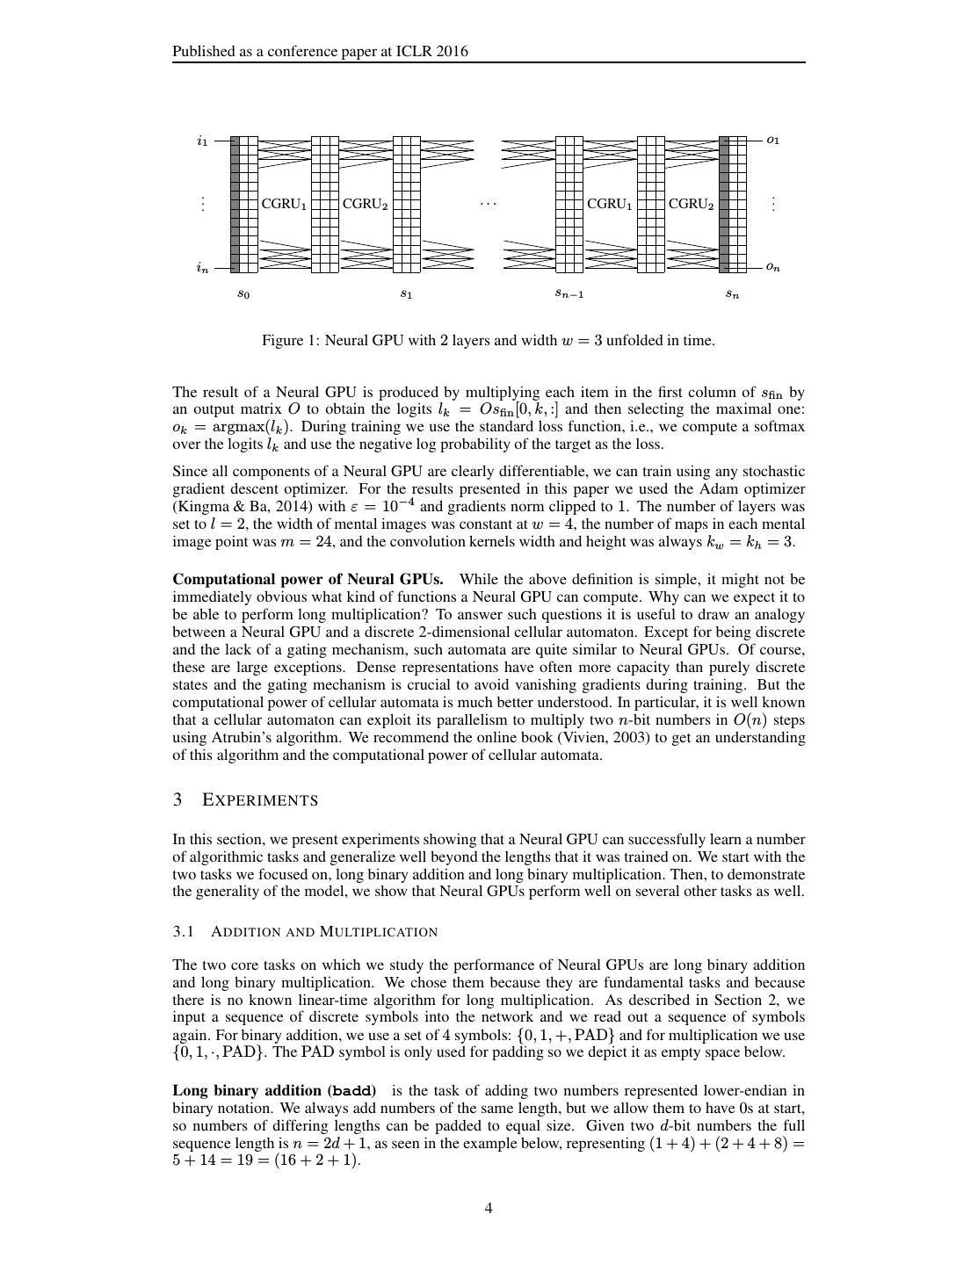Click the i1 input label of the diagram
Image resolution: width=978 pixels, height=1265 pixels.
tap(202, 141)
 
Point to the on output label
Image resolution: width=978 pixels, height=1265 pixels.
tap(772, 267)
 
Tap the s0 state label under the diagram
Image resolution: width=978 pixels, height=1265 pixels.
tap(243, 294)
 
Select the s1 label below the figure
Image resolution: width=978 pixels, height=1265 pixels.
tap(406, 294)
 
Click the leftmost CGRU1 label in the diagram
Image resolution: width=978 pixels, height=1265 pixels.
tap(284, 204)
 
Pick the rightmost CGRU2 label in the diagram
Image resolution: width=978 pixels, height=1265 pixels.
tap(691, 204)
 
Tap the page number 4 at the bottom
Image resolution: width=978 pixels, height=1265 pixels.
tap(489, 1208)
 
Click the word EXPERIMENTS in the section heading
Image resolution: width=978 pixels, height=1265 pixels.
tap(260, 800)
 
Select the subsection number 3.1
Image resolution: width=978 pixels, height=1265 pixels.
tap(183, 931)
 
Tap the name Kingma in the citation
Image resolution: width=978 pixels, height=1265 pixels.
tap(198, 507)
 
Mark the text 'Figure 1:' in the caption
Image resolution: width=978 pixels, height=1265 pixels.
tap(291, 340)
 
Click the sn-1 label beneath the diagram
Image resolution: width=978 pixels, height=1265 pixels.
tap(569, 294)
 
